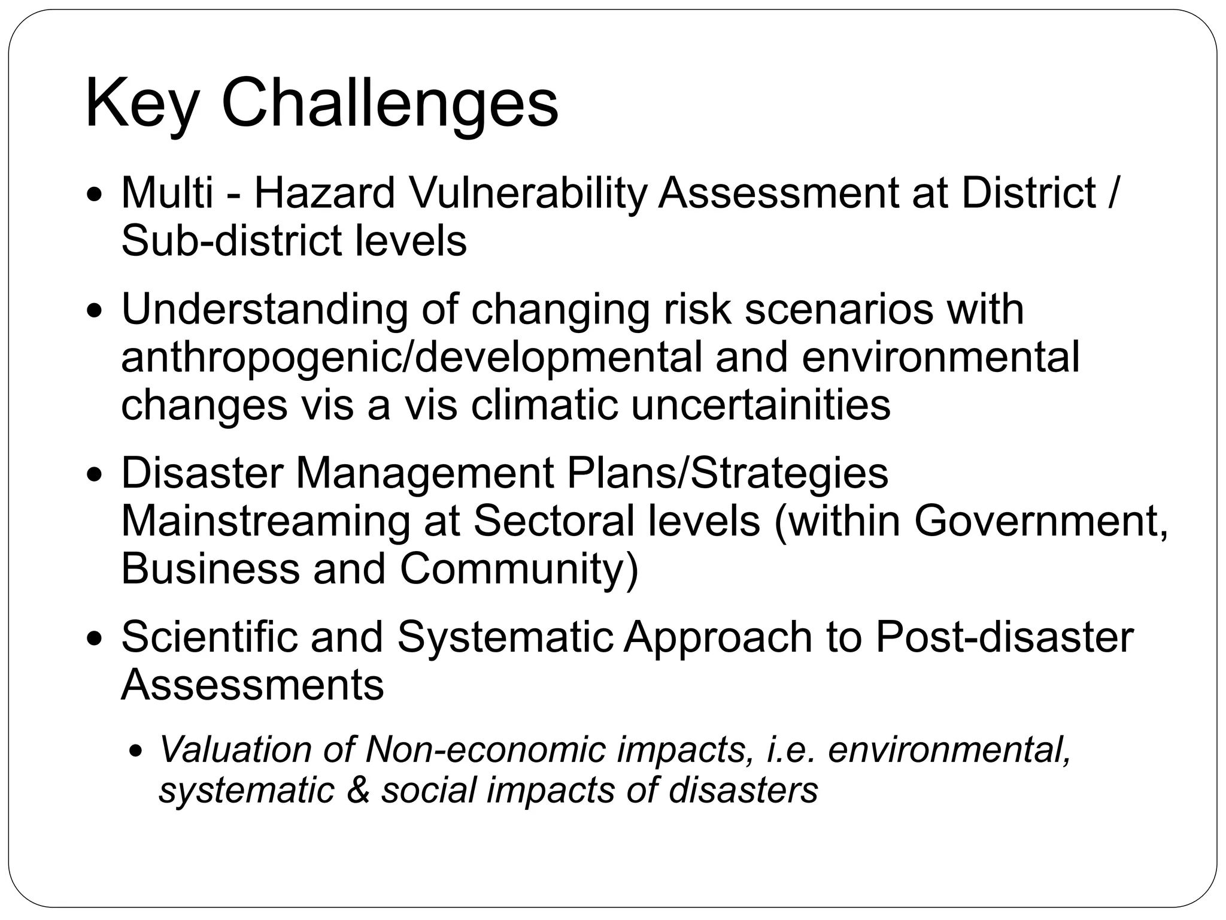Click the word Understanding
(264, 310)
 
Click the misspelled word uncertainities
(761, 405)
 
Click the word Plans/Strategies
(727, 473)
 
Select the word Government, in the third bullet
(1041, 521)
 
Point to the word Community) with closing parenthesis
(519, 569)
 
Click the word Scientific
(209, 637)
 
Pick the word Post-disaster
(1004, 637)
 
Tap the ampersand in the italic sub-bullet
(357, 791)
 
